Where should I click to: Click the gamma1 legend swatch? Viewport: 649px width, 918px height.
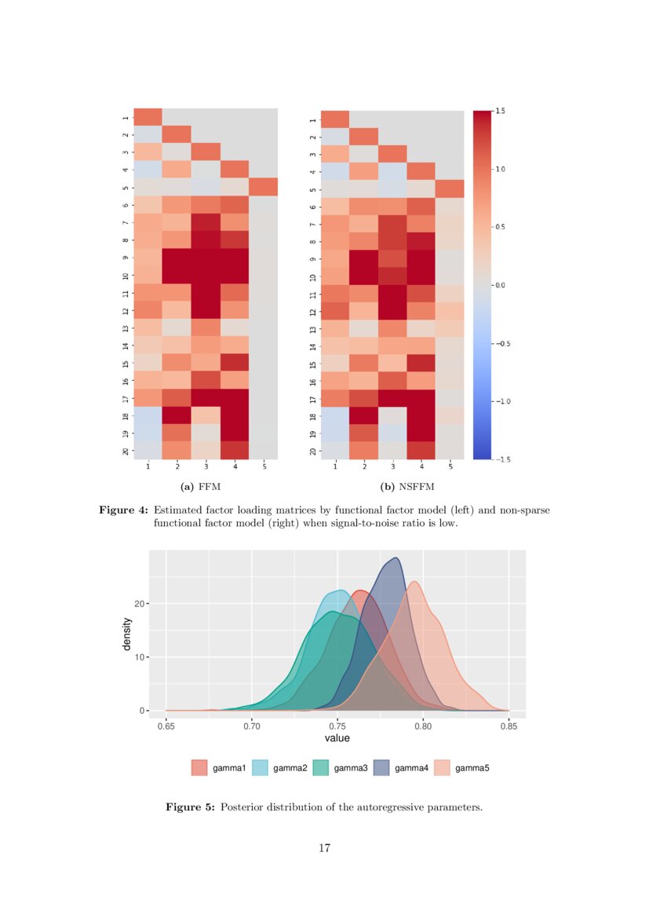199,767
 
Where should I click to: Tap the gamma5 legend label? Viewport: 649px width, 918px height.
472,767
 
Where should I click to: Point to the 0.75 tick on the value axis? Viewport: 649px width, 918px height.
337,727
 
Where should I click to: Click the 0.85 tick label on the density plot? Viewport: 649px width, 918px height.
509,727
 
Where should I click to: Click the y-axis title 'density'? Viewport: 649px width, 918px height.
126,635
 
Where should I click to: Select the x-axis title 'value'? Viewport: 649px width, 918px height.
337,739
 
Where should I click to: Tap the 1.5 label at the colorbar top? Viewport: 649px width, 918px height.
500,112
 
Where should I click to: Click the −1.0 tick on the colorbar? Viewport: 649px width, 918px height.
499,401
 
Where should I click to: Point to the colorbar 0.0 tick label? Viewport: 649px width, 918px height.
500,285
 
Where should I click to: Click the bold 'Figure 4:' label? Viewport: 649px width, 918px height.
123,510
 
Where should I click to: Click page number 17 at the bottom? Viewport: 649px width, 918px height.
324,848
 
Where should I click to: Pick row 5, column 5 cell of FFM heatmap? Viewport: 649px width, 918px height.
264,187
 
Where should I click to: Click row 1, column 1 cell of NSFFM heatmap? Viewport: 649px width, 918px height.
335,119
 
